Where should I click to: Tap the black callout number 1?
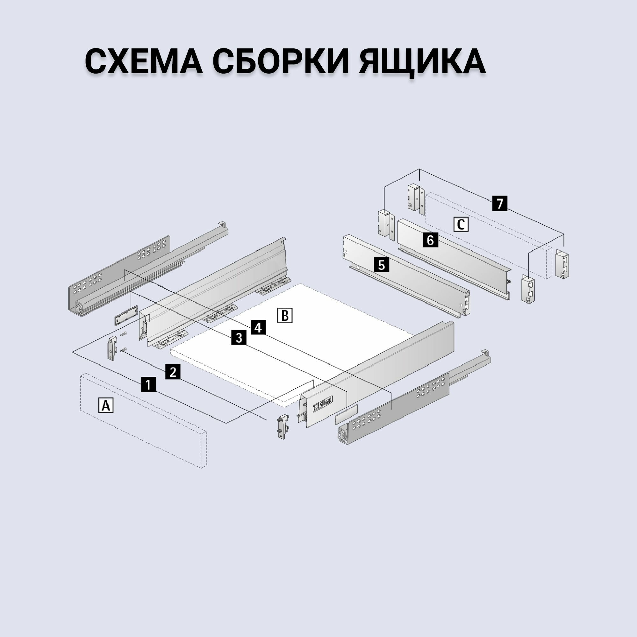point(148,384)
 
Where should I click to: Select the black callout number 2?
point(173,372)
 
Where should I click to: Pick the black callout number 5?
point(382,265)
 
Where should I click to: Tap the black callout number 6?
point(430,240)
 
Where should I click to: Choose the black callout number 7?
point(500,204)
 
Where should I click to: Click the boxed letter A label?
point(106,405)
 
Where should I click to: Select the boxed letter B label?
point(285,316)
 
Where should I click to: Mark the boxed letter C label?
point(461,225)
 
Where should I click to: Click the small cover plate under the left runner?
point(126,315)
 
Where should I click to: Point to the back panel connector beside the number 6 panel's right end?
point(527,290)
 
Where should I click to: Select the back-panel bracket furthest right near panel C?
point(562,264)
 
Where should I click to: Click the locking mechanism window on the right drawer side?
point(322,405)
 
